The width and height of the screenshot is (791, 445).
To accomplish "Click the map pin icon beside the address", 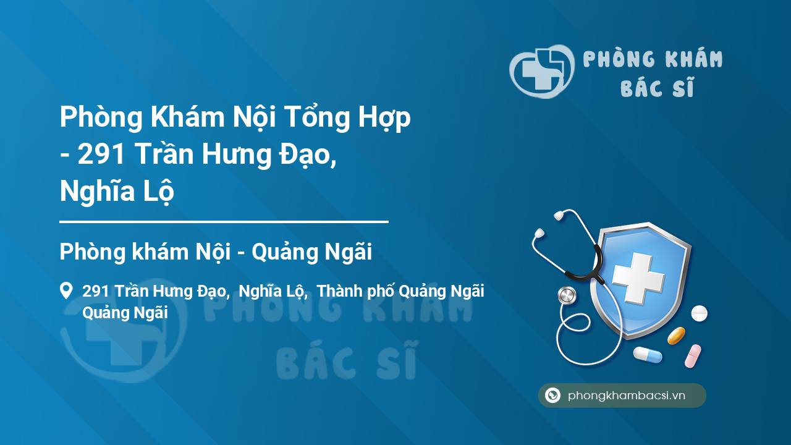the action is pyautogui.click(x=66, y=290).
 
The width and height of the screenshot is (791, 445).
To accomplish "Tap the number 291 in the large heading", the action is pyautogui.click(x=101, y=154).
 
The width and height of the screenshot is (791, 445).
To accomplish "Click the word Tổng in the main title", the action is pyautogui.click(x=316, y=117).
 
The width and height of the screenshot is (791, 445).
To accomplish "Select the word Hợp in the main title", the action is pyautogui.click(x=384, y=118).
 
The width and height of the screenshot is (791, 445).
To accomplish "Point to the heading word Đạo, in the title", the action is pyautogui.click(x=307, y=155).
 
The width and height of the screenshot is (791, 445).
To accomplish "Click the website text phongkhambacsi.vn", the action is pyautogui.click(x=627, y=395).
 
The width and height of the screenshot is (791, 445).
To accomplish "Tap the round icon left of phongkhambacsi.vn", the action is pyautogui.click(x=552, y=395).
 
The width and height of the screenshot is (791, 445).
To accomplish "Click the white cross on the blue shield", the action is pyautogui.click(x=638, y=278).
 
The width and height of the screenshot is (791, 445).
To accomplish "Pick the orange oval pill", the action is pyautogui.click(x=676, y=336).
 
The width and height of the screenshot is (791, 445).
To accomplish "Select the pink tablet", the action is pyautogui.click(x=693, y=355).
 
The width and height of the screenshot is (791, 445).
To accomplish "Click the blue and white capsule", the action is pyautogui.click(x=648, y=355).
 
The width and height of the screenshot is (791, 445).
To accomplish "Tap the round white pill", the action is pyautogui.click(x=699, y=313).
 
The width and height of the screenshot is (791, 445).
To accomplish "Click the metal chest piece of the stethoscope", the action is pyautogui.click(x=567, y=295).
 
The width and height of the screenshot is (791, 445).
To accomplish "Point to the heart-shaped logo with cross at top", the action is pyautogui.click(x=542, y=71).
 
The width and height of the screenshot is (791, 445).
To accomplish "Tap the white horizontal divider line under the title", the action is pyautogui.click(x=224, y=222).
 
